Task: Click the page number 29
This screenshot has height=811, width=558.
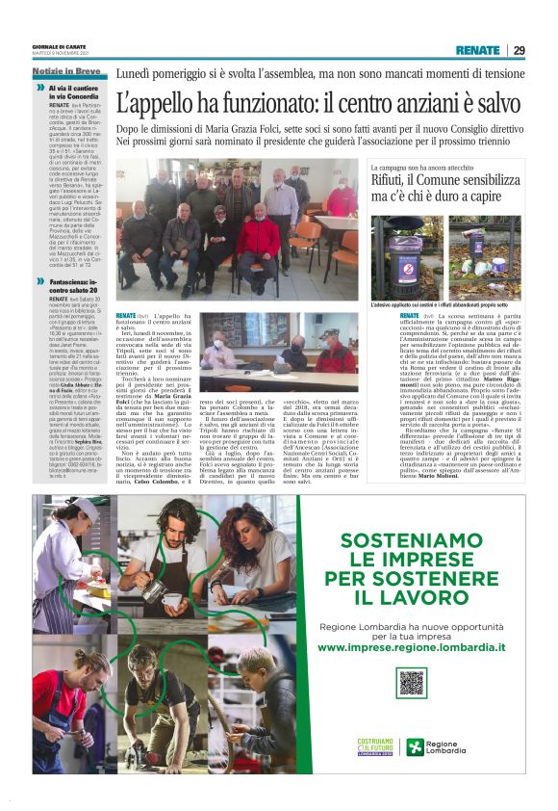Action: [520, 50]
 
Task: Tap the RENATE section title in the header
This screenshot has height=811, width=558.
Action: [477, 50]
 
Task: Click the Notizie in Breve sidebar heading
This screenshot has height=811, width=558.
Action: [66, 72]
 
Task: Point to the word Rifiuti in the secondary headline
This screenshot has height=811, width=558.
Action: [422, 177]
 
